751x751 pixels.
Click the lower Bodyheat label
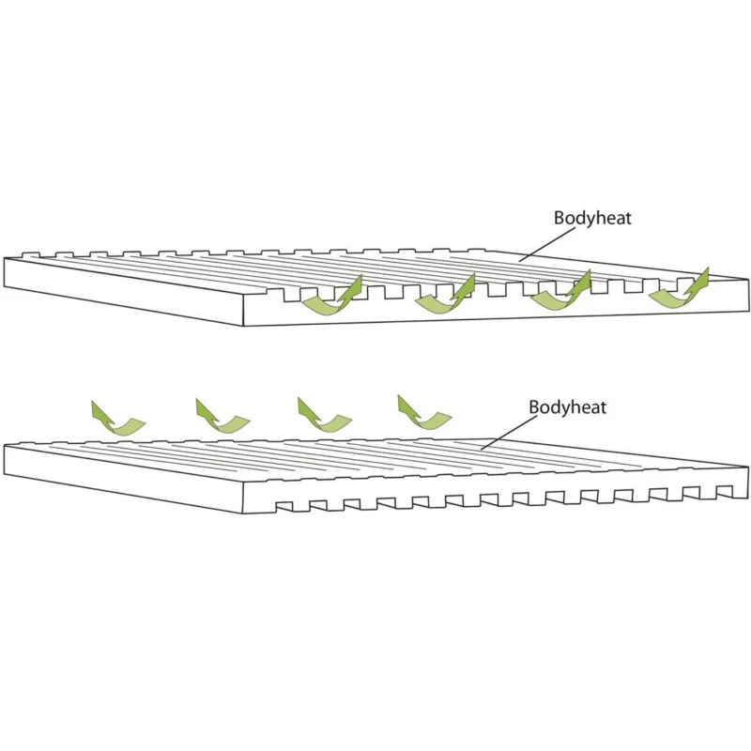pos(567,407)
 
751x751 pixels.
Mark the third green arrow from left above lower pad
pos(323,415)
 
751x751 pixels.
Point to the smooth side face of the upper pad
pos(122,290)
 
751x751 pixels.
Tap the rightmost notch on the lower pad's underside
pos(724,491)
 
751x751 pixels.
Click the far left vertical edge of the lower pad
pos(5,460)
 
